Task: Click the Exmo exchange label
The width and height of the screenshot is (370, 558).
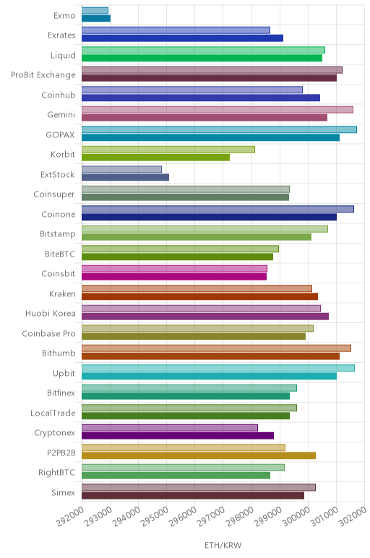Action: coord(64,15)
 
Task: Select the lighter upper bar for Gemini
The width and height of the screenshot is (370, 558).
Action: coord(218,110)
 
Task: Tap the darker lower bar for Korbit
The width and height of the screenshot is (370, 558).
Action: coord(155,158)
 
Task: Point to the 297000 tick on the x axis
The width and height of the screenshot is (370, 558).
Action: coord(211,516)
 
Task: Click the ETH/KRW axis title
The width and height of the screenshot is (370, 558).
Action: coord(223,545)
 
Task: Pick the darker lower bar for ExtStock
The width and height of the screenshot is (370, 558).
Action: coord(125,177)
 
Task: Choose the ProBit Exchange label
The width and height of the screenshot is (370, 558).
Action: coord(43,75)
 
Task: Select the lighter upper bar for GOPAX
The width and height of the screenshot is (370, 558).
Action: coord(219,129)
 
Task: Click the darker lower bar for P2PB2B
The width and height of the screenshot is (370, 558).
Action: coord(199,455)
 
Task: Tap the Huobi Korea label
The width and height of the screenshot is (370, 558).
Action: coord(51,314)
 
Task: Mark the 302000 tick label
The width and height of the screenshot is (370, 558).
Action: coord(352,516)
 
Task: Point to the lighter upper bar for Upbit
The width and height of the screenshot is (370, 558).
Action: coord(218,368)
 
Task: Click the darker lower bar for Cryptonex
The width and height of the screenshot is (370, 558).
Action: coord(178,436)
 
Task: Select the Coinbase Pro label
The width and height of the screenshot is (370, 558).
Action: coord(48,333)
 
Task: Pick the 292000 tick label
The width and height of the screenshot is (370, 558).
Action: coord(70,516)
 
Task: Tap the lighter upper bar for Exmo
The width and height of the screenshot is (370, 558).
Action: coord(95,11)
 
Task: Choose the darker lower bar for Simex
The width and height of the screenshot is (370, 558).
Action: coord(193,495)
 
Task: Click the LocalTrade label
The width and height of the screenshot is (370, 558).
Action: coord(53,413)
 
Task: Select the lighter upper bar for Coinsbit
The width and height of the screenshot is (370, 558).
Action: coord(174,269)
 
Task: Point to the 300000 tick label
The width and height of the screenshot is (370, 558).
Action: coord(296,516)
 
